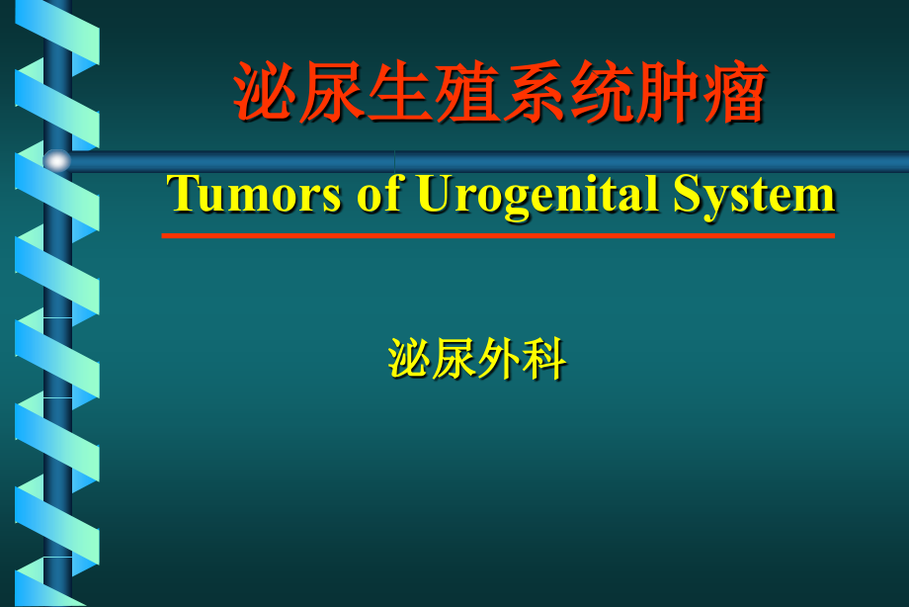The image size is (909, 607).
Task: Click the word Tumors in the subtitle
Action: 253,194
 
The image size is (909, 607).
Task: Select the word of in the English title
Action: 379,193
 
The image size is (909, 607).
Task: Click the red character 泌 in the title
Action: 265,92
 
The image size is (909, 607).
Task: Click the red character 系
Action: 535,92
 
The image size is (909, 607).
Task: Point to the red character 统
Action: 602,92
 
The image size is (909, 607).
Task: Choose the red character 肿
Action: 669,92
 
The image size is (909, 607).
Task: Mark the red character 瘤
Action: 736,92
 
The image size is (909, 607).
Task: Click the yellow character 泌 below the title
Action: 409,359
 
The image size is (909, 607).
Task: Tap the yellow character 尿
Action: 454,359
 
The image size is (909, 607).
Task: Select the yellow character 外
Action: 499,359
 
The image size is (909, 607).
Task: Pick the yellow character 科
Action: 543,359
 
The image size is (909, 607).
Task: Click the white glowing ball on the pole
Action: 57,160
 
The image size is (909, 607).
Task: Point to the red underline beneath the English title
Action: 498,235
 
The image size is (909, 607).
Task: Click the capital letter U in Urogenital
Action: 433,194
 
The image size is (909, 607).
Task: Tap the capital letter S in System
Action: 686,194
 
